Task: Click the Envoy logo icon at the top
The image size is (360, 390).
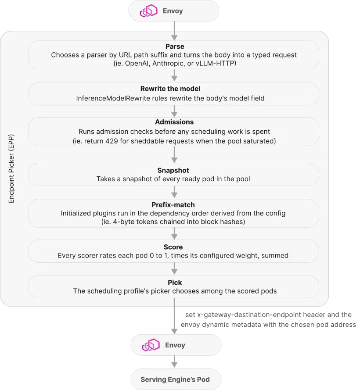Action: [x=149, y=11]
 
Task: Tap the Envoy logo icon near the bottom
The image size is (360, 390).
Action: [x=151, y=345]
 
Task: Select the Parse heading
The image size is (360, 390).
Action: [x=175, y=47]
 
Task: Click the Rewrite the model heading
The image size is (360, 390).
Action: [x=170, y=89]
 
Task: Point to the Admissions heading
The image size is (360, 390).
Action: [x=174, y=122]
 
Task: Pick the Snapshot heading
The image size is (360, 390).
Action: [x=173, y=170]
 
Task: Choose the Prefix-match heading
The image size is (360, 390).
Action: [x=173, y=205]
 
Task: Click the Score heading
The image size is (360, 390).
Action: [x=173, y=247]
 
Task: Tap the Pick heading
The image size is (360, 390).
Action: [x=175, y=283]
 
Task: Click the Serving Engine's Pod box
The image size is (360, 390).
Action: [x=176, y=379]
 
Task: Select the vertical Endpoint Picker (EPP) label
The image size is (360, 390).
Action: [x=11, y=168]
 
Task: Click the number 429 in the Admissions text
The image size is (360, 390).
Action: [x=112, y=141]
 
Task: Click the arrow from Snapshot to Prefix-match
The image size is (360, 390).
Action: [x=174, y=192]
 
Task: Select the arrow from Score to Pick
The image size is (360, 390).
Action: [x=174, y=268]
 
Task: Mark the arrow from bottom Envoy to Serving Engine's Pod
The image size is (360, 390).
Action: [x=174, y=361]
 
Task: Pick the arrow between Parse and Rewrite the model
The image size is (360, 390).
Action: [x=174, y=75]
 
